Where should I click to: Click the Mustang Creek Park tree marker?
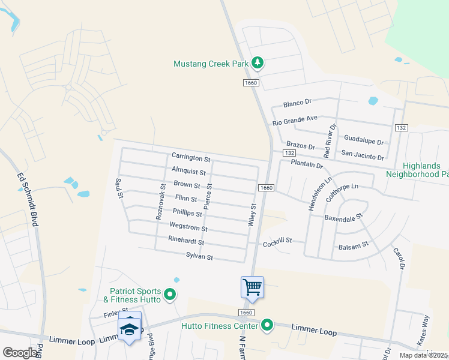(258, 62)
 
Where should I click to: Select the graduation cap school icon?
(130, 328)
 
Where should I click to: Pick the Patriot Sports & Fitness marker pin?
(170, 294)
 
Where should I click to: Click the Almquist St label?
(188, 172)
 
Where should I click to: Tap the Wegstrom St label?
(188, 228)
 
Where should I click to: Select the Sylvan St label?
(199, 257)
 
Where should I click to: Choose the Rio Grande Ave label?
(295, 120)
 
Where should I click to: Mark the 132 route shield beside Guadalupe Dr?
(402, 128)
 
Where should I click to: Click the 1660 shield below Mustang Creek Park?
(250, 82)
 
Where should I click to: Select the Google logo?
(20, 353)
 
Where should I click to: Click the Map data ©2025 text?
(423, 355)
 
